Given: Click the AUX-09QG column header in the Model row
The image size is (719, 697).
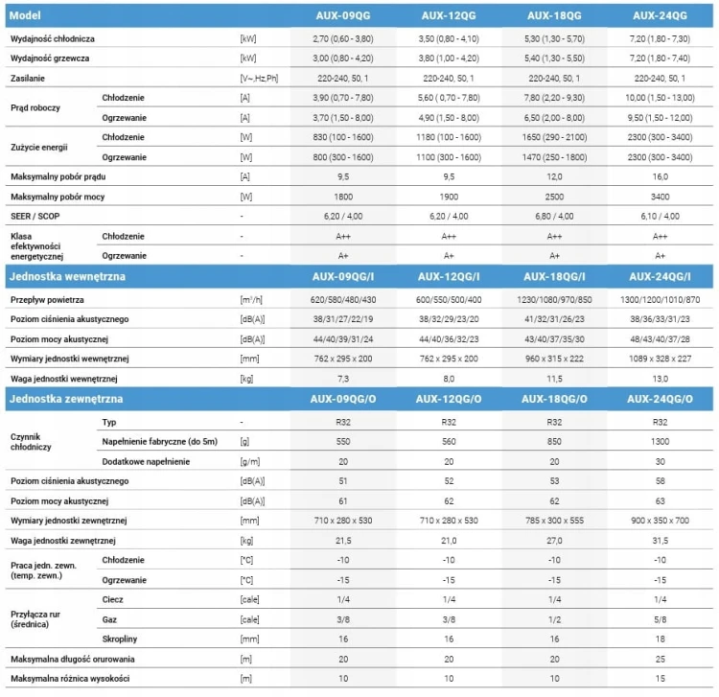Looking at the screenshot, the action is point(343,15).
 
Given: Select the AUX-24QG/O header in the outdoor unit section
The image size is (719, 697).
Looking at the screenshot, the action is point(660,399).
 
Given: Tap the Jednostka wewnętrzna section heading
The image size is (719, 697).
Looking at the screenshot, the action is point(67,276).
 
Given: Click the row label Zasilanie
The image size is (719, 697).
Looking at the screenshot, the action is point(28,79).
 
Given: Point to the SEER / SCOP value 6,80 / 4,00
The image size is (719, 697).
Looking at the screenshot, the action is point(554,217).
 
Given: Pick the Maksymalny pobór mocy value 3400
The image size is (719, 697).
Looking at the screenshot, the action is point(660,197).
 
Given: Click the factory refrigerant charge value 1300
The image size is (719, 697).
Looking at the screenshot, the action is point(660,442).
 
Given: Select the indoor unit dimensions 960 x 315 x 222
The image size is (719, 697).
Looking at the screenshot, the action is point(554,359).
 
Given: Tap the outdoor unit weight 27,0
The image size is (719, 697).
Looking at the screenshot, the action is point(554,541).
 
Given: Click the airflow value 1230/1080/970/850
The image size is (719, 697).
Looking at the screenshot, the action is point(554,300).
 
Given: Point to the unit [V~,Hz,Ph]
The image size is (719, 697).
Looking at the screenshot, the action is point(259,79).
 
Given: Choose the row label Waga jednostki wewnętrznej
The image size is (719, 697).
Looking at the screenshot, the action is point(63,379).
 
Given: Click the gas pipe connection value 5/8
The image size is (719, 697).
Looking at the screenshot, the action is point(660,619).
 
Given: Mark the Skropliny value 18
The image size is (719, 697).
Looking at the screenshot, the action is point(660,639).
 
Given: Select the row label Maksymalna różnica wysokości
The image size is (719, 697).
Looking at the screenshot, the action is point(70,679).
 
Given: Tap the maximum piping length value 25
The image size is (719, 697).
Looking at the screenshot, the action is point(660,660).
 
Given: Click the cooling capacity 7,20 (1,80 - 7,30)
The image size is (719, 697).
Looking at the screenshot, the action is point(660,39).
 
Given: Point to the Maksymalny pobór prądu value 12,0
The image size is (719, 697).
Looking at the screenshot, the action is point(554,177).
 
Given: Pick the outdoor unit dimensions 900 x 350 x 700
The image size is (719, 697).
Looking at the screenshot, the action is point(660,521).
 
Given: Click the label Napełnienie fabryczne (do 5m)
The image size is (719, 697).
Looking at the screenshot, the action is point(159,442).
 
